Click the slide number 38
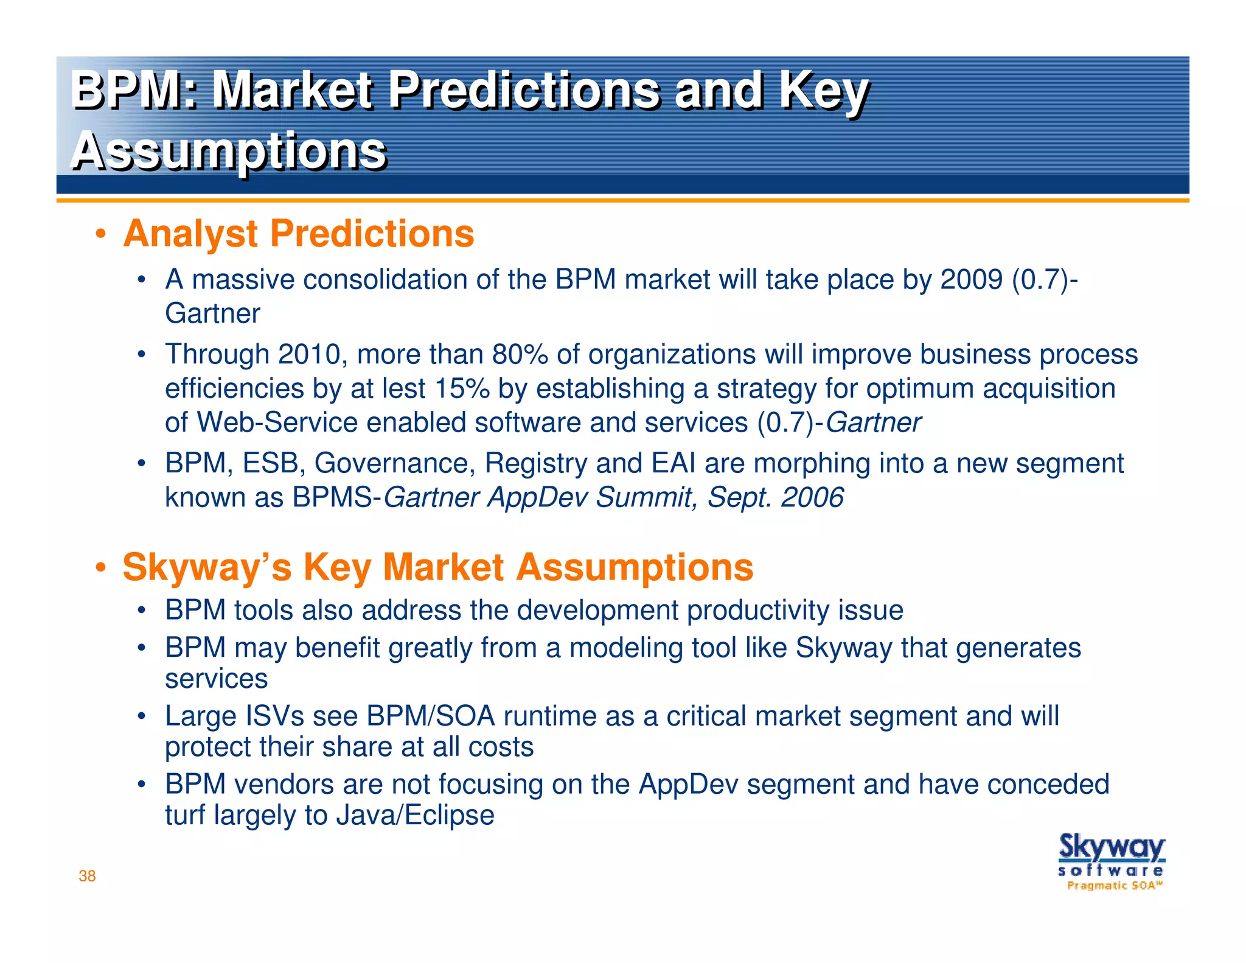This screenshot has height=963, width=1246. click(87, 876)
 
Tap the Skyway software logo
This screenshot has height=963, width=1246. click(1112, 862)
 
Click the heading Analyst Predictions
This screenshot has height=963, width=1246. click(298, 234)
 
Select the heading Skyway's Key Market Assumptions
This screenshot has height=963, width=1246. click(437, 567)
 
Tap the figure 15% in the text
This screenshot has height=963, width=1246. click(462, 388)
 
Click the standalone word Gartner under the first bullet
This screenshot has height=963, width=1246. click(212, 314)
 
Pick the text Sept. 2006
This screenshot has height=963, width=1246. click(775, 497)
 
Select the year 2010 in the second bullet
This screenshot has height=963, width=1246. click(308, 354)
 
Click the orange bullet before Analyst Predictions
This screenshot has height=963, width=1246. click(101, 235)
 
